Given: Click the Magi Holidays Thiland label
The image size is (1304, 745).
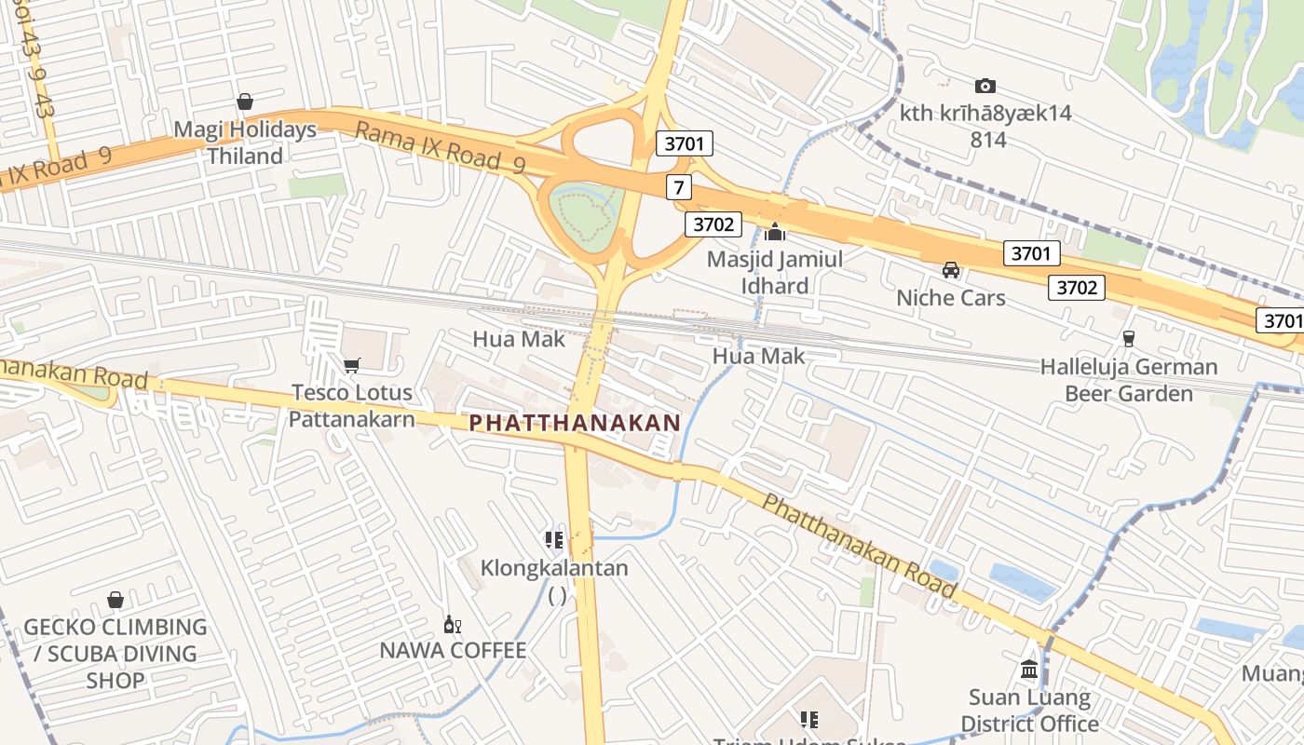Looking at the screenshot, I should point(245,142).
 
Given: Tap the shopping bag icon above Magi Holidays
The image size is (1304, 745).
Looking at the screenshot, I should point(245,101).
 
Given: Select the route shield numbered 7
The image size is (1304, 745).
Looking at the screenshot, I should point(679,187).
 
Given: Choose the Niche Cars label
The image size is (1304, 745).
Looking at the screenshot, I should point(950,297).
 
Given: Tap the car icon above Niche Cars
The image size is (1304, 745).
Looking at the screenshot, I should point(950,270).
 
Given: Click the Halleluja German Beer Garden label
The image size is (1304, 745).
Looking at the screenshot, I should point(1129,380).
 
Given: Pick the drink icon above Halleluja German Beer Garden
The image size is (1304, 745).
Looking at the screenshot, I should point(1129,338).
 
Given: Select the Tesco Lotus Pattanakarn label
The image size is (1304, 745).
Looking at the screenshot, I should point(351,405).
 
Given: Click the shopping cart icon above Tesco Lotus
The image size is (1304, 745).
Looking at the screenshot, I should point(351,365).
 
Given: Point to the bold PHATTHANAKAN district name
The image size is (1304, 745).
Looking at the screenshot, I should point(575,422).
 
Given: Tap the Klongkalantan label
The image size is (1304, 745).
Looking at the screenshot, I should point(554,568).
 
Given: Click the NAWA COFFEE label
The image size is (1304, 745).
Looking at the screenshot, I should point(453,650).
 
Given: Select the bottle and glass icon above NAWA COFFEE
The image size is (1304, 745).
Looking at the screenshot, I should point(453,624).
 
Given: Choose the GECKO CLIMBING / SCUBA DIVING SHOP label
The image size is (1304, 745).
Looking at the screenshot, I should point(115,653).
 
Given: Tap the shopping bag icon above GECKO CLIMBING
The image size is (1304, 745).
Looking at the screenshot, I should point(115,600).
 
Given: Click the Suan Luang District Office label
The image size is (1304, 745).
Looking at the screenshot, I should point(1029,710).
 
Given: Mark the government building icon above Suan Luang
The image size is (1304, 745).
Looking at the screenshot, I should point(1029,669).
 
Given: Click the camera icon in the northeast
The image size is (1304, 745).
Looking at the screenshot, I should point(985,86).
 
